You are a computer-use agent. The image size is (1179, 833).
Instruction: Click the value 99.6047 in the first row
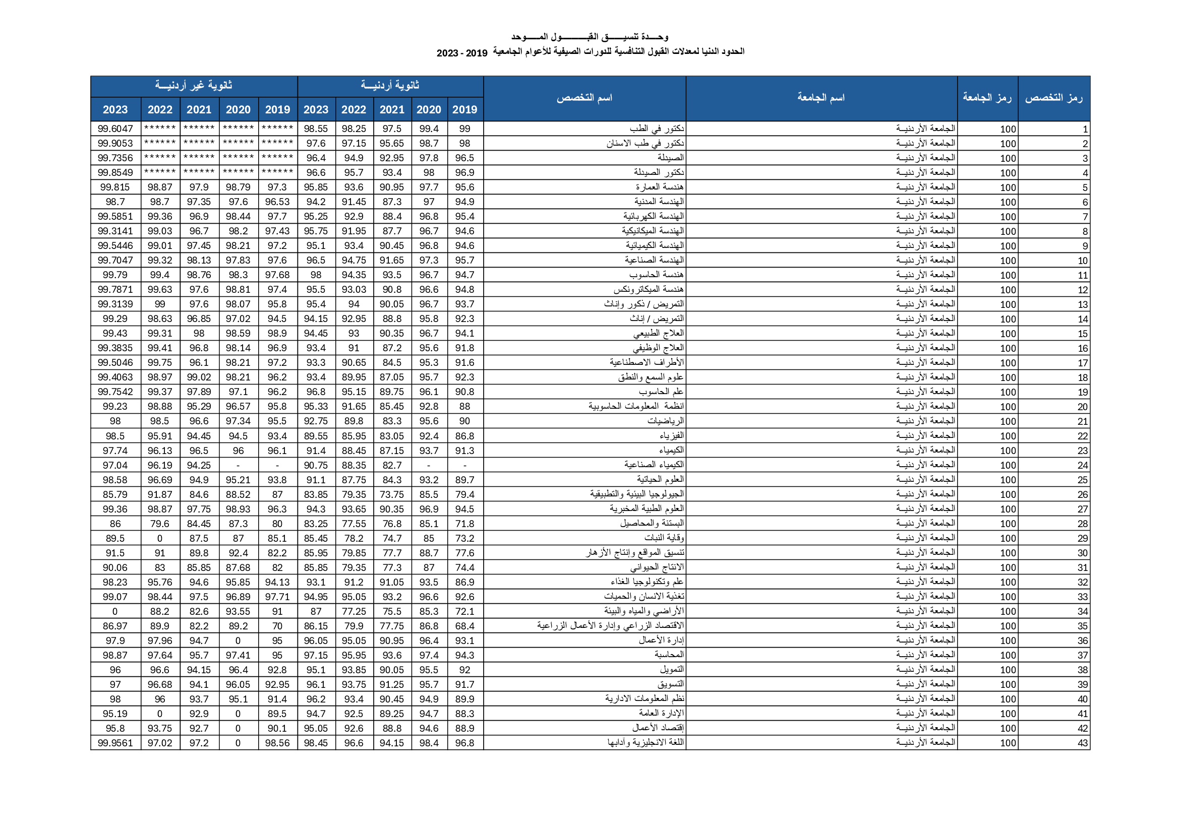pos(115,129)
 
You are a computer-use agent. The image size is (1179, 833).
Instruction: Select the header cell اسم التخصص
pos(584,98)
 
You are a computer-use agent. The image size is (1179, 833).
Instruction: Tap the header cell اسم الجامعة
pos(820,98)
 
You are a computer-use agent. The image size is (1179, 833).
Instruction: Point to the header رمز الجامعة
pos(987,98)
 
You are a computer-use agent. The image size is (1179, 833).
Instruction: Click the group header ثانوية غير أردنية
pos(194,86)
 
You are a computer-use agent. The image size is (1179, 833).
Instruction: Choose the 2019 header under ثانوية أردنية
pos(465,109)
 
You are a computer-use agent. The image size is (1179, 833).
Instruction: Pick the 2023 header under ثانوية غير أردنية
pos(115,109)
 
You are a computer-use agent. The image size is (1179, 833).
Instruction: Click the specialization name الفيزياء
pos(672,436)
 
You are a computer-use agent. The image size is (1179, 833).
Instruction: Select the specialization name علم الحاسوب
pos(662,392)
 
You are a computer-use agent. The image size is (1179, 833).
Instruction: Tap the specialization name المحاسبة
pos(669,655)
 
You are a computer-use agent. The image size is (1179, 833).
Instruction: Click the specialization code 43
pos(1083,743)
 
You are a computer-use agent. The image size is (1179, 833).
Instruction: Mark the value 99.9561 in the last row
pos(115,743)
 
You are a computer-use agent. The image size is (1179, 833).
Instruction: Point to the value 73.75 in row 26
pos(392,494)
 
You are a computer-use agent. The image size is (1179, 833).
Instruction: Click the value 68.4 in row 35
pos(465,626)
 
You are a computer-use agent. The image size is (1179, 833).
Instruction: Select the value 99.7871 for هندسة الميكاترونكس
pos(115,289)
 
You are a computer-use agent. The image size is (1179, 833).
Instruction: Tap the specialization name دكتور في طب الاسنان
pos(645,143)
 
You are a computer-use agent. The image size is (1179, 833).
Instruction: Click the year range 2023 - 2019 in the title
pos(461,53)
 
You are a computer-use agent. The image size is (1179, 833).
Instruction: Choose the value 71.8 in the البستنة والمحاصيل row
pos(465,524)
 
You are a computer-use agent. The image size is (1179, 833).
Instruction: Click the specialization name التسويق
pos(671,684)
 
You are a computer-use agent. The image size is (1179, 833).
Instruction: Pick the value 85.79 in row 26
pos(115,494)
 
